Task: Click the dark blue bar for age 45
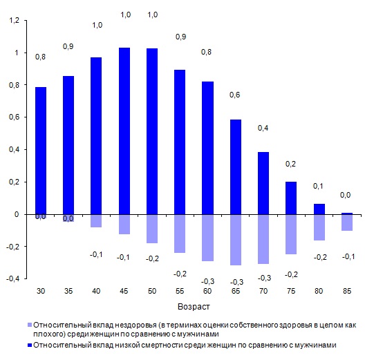[x=124, y=131]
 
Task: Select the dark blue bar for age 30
[x=41, y=151]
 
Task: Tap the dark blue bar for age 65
[x=236, y=167]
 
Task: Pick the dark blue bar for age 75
[x=291, y=198]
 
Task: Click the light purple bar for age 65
[x=236, y=240]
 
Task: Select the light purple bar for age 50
[x=152, y=229]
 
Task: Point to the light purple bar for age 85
[x=347, y=222]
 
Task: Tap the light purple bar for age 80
[x=319, y=227]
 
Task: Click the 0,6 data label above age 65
[x=235, y=95]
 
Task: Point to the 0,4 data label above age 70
[x=263, y=128]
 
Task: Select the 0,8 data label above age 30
[x=40, y=57]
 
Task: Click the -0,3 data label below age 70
[x=264, y=278]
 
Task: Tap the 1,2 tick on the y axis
[x=14, y=21]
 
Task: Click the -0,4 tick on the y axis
[x=12, y=278]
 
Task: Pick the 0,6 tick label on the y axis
[x=14, y=117]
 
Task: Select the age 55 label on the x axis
[x=180, y=291]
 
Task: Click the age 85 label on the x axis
[x=347, y=291]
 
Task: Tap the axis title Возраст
[x=194, y=307]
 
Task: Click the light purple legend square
[x=30, y=325]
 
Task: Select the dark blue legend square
[x=30, y=345]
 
